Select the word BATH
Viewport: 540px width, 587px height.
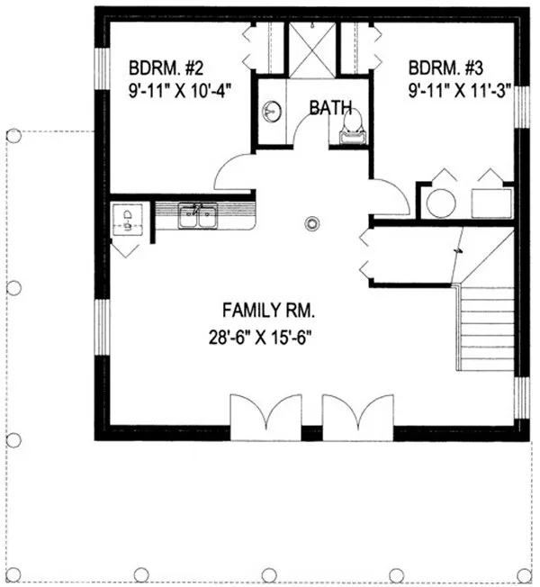pyautogui.click(x=330, y=108)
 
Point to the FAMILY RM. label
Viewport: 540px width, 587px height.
pyautogui.click(x=268, y=312)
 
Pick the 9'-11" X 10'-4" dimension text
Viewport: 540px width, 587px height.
pyautogui.click(x=168, y=90)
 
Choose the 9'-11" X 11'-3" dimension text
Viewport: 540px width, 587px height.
pyautogui.click(x=448, y=90)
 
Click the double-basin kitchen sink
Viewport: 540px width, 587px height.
pyautogui.click(x=197, y=216)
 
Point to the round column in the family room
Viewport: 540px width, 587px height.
pyautogui.click(x=312, y=221)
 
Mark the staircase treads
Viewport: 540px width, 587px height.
pyautogui.click(x=486, y=329)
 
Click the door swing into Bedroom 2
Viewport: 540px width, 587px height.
pyautogui.click(x=235, y=172)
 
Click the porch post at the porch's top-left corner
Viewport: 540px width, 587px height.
pyautogui.click(x=13, y=136)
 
